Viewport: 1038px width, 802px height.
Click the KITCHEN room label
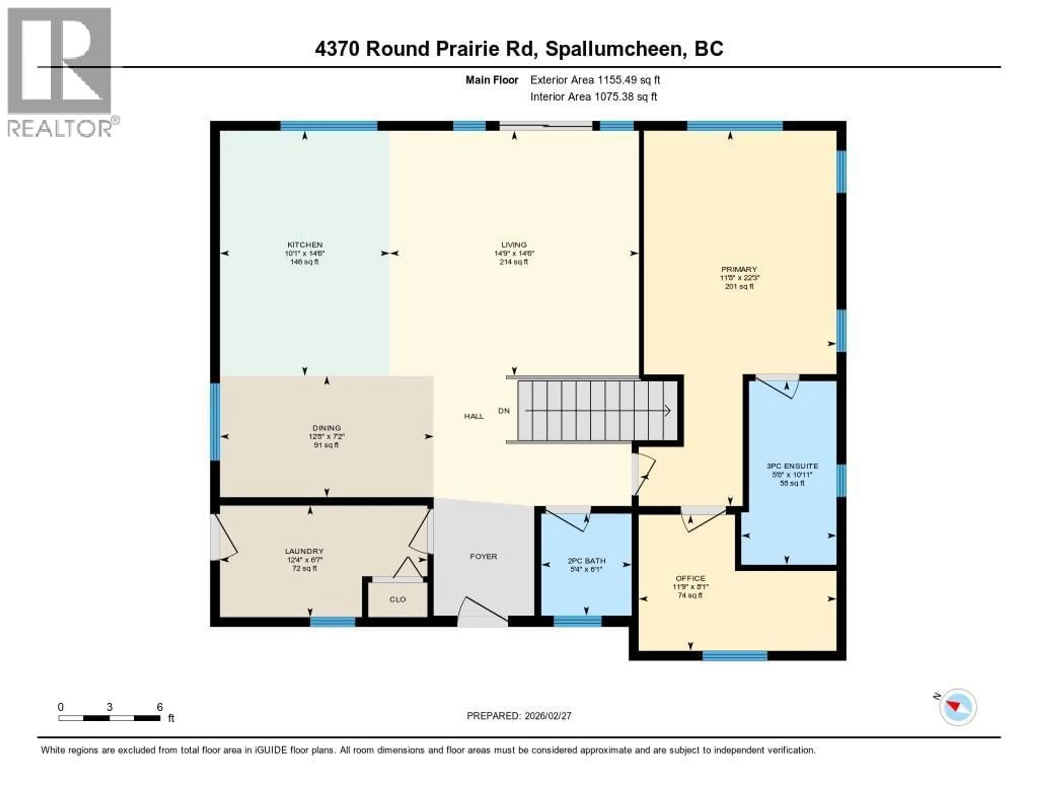tap(305, 245)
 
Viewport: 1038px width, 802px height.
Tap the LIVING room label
tap(514, 245)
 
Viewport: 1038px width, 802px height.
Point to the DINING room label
tap(327, 428)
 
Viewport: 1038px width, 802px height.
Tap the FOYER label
tap(483, 556)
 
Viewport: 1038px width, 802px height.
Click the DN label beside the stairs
tap(504, 411)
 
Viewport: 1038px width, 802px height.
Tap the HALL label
tap(474, 416)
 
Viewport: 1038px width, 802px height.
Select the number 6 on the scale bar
tap(160, 707)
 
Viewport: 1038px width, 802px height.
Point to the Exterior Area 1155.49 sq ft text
tap(595, 80)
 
